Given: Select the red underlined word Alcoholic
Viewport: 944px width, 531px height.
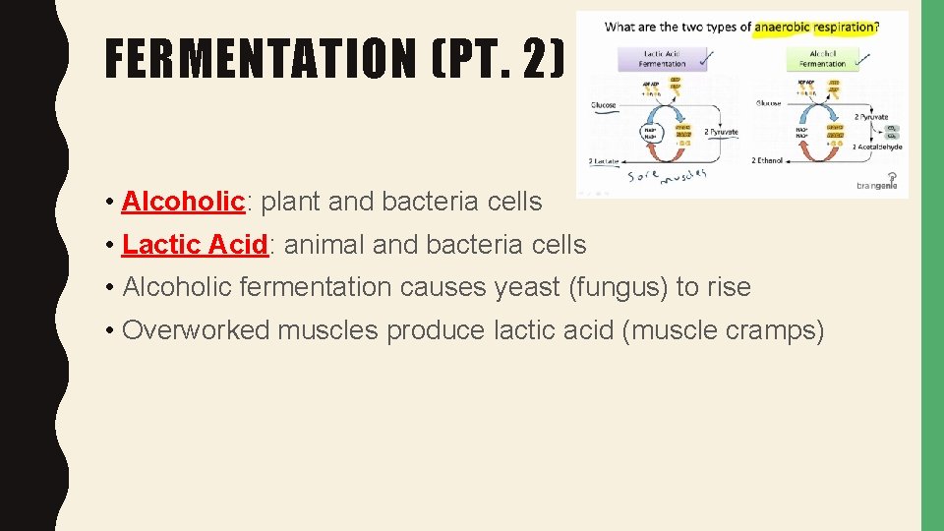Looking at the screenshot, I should (x=183, y=202).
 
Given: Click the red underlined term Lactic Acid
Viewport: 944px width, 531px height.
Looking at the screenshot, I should (x=195, y=245).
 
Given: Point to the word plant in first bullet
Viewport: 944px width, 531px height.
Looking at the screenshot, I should (x=291, y=202).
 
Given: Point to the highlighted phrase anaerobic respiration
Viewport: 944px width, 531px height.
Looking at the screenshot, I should (x=814, y=28).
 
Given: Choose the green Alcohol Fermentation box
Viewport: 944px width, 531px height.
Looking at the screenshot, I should (x=822, y=58).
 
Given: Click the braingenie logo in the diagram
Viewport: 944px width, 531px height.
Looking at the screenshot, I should (x=878, y=183).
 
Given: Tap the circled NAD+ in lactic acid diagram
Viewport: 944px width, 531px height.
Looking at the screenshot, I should (x=650, y=133).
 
